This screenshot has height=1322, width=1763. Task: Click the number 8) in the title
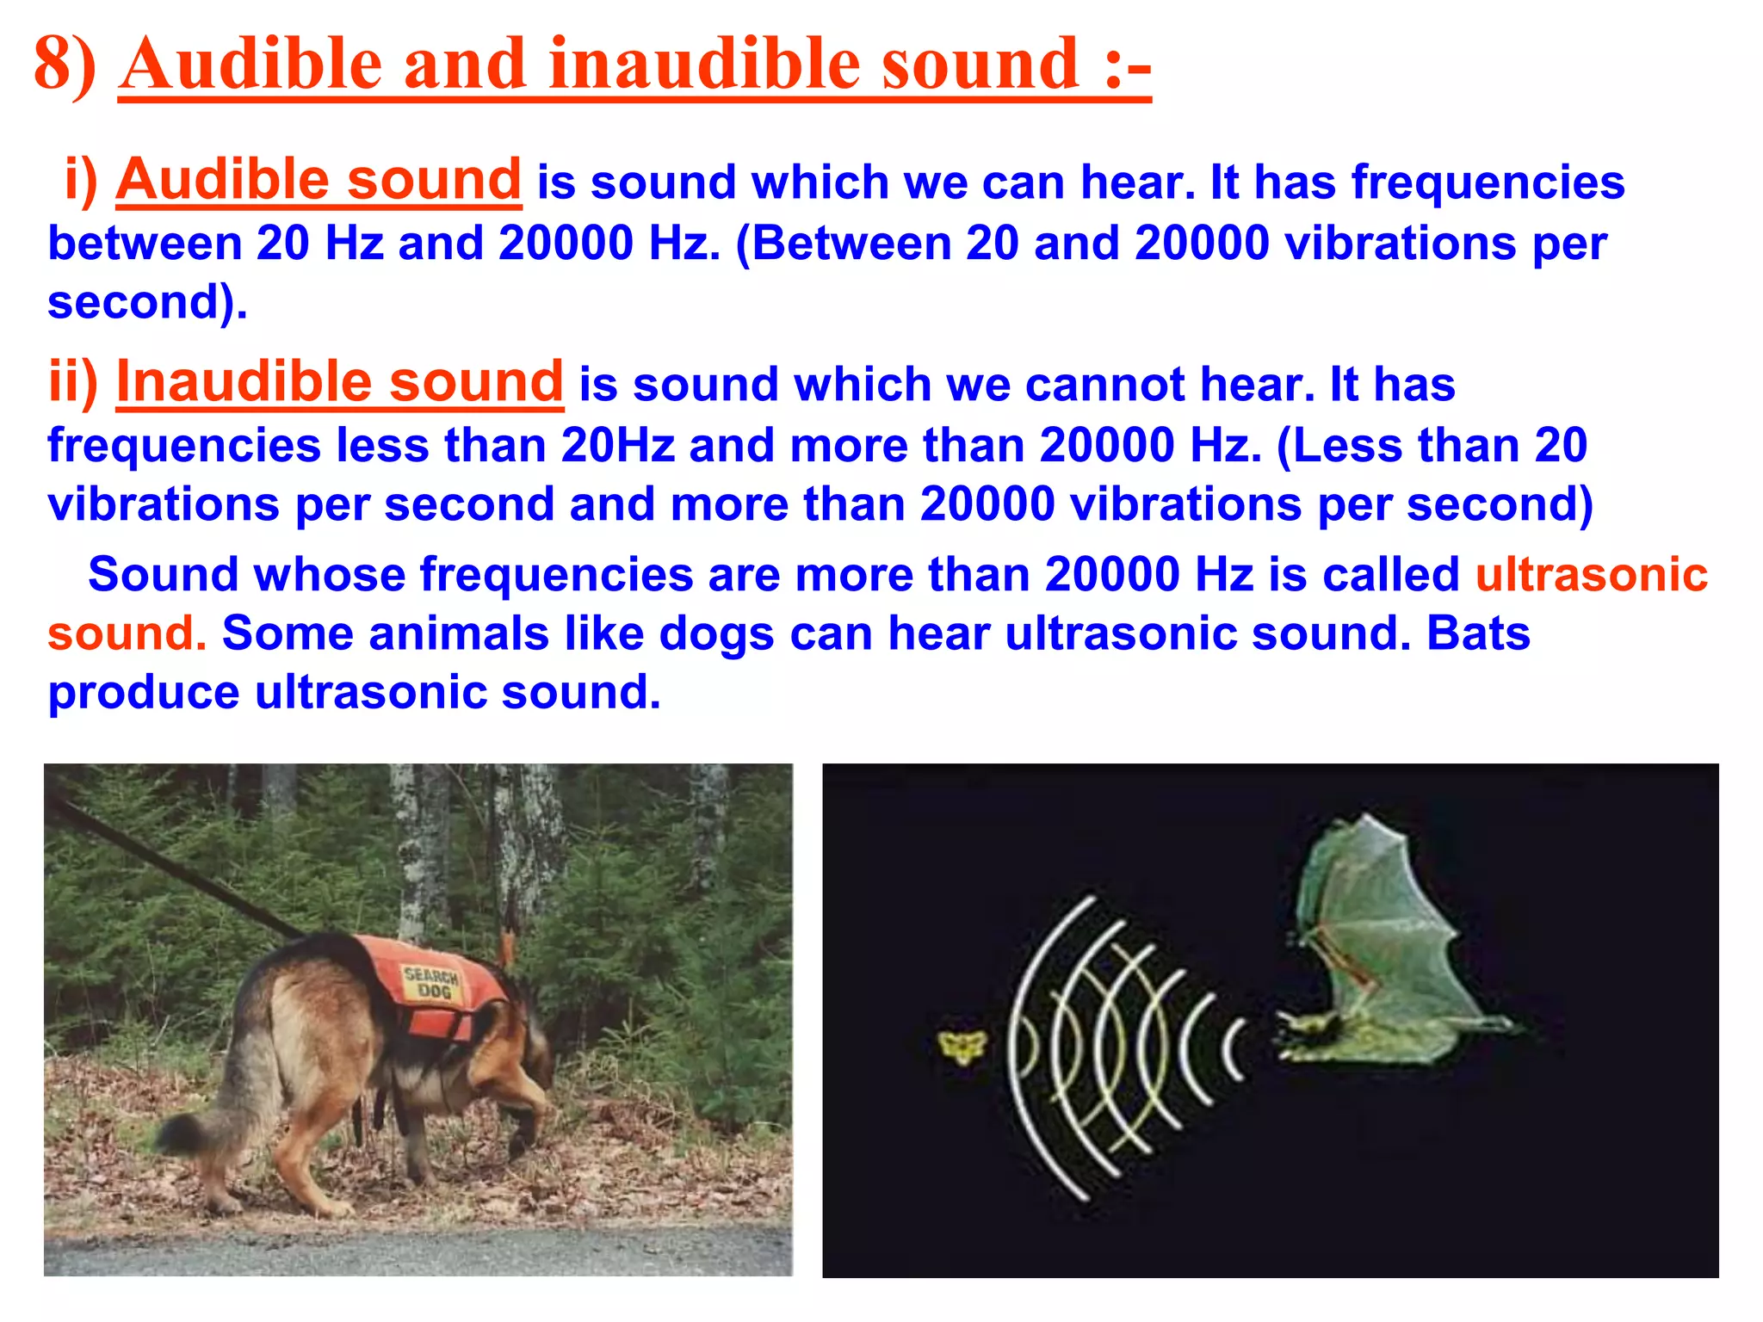(x=65, y=65)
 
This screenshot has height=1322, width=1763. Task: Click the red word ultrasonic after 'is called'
(x=1591, y=574)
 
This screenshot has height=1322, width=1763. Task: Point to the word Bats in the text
(x=1478, y=633)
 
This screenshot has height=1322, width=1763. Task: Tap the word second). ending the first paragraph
(x=147, y=302)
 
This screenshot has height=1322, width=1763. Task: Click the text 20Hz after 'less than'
(x=617, y=446)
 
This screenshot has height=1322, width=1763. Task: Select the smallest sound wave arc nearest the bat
(x=1234, y=1049)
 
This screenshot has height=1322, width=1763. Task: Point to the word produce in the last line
(x=143, y=693)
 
